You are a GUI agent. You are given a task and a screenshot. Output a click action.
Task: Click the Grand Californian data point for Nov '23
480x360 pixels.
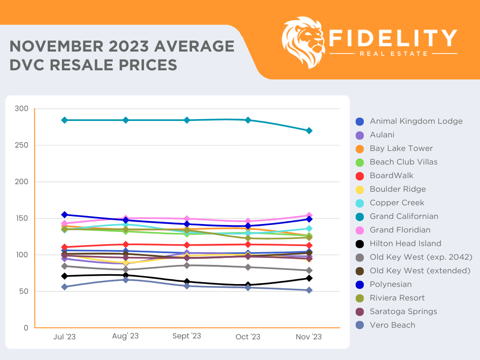click(x=309, y=131)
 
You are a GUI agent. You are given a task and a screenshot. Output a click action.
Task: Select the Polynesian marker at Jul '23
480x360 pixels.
click(x=65, y=215)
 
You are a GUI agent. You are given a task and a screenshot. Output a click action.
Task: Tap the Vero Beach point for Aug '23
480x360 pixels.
click(x=126, y=280)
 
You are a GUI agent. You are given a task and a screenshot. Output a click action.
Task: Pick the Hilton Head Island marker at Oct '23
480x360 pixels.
click(x=248, y=285)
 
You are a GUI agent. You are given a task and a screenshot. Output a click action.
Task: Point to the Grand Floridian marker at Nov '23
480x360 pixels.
click(x=309, y=216)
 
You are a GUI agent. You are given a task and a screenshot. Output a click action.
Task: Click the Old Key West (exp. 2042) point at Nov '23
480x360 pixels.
click(x=309, y=270)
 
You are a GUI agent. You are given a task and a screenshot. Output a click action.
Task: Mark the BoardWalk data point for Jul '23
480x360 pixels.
click(x=65, y=247)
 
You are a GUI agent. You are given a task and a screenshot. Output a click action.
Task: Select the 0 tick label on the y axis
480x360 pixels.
click(x=26, y=328)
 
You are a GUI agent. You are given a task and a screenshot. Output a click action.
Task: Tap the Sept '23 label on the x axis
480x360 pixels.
click(x=187, y=336)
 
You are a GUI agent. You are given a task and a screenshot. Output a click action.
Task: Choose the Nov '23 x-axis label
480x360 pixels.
click(x=309, y=337)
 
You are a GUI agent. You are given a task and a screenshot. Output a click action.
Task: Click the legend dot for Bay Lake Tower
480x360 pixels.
click(x=360, y=149)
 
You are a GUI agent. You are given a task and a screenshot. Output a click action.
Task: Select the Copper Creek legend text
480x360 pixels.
click(x=397, y=203)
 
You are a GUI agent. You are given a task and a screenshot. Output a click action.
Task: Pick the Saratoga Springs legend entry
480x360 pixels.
click(x=403, y=312)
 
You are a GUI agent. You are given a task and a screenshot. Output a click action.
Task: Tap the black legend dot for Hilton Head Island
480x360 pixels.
click(x=360, y=244)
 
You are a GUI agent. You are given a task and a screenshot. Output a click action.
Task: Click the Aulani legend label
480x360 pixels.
click(x=382, y=135)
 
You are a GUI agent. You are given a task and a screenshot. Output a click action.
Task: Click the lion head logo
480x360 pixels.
click(x=303, y=42)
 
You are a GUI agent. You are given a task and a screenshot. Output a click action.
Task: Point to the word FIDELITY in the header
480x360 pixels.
click(x=393, y=38)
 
